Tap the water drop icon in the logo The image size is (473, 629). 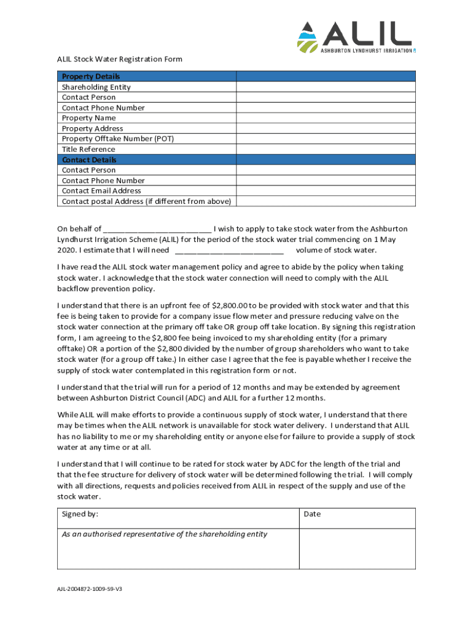pyautogui.click(x=307, y=36)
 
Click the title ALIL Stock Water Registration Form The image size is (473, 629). pyautogui.click(x=119, y=60)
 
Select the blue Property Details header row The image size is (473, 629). pyautogui.click(x=237, y=76)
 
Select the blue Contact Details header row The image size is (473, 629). pyautogui.click(x=237, y=160)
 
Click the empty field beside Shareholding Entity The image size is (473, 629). pyautogui.click(x=326, y=87)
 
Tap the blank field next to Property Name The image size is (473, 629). pyautogui.click(x=326, y=118)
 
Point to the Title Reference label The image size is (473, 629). pyautogui.click(x=88, y=149)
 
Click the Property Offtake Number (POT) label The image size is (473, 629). pyautogui.click(x=118, y=139)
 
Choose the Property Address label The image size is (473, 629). pyautogui.click(x=92, y=128)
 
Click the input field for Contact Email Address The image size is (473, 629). pyautogui.click(x=326, y=191)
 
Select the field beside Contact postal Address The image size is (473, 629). pyautogui.click(x=326, y=201)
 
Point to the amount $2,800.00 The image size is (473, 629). pyautogui.click(x=229, y=305)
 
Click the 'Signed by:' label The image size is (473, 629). pyautogui.click(x=80, y=514)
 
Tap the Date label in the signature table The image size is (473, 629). pyautogui.click(x=312, y=514)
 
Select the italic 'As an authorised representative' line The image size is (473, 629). pyautogui.click(x=165, y=534)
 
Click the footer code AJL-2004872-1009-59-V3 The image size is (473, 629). pyautogui.click(x=90, y=589)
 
